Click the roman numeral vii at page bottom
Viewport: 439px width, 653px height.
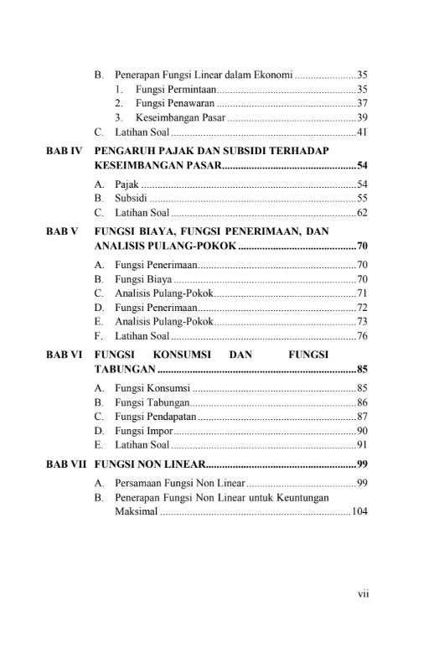point(363,594)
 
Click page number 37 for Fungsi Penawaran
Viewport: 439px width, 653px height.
point(363,103)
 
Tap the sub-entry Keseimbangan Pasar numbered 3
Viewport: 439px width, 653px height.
point(177,117)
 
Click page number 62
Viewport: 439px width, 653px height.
point(363,213)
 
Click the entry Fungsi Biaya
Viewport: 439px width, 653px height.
point(142,279)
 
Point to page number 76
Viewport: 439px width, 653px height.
point(363,336)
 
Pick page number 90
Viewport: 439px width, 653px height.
point(363,431)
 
